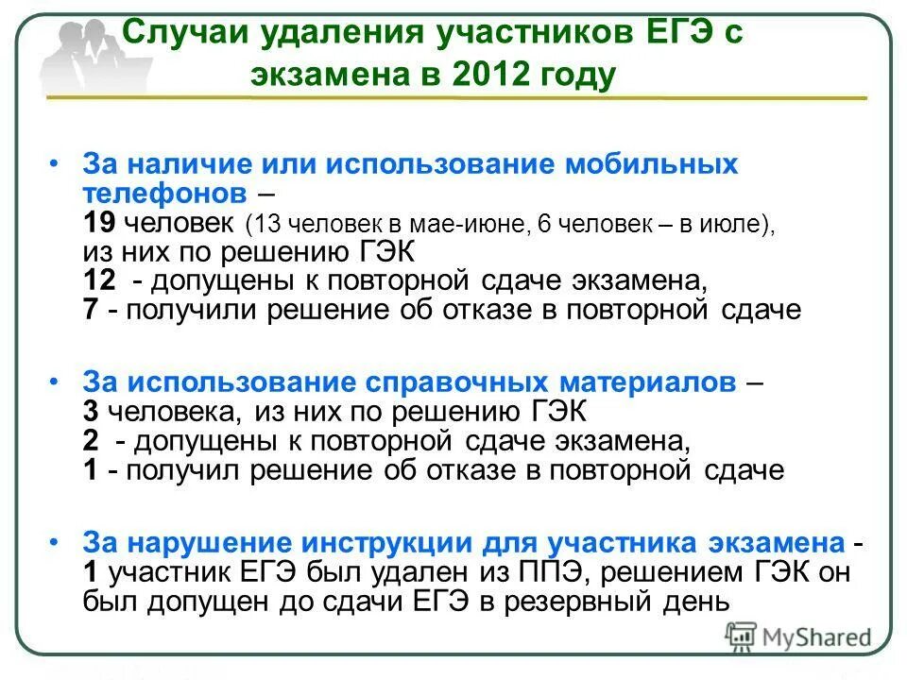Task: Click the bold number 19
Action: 99,225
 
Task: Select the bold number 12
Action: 99,281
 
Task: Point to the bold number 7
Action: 91,310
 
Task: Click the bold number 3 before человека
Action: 90,411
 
